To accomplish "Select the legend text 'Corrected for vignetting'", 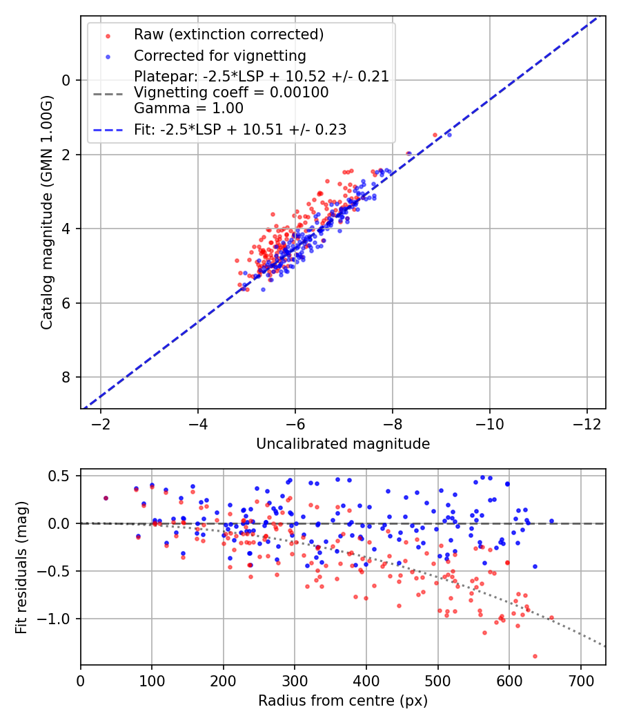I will coord(220,55).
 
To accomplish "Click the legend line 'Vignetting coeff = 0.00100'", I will coord(231,93).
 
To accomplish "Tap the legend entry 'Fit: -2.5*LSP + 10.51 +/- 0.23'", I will coord(240,129).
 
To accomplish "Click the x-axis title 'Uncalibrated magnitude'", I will coord(343,444).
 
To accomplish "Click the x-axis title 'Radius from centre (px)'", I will coord(343,701).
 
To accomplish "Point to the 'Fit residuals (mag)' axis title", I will coord(21,567).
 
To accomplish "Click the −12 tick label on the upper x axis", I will coord(587,423).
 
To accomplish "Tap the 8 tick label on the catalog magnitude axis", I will coord(67,377).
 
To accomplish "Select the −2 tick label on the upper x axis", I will coord(101,423).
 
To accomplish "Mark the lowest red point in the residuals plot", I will coord(535,656).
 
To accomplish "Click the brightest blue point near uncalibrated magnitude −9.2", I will coord(449,135).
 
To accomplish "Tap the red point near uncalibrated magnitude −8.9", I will coord(435,135).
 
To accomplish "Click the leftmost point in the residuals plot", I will coord(106,498).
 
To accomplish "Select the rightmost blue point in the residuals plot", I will coord(551,521).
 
